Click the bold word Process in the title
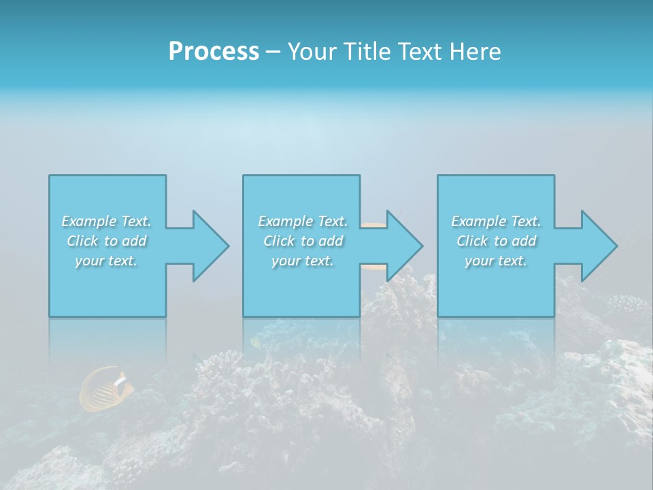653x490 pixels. pos(214,52)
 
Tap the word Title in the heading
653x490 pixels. pos(367,52)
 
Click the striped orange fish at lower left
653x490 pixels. pos(105,389)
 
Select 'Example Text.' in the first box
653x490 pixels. pos(107,221)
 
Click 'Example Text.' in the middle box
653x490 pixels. pos(303,221)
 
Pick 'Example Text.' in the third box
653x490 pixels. pos(496,221)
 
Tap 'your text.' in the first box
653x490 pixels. pos(107,261)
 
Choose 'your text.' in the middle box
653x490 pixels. pos(303,261)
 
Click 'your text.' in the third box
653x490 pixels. pos(496,261)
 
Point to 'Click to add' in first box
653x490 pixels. pos(107,241)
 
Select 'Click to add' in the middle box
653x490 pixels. pos(303,241)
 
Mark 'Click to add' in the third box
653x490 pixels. pos(496,241)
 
